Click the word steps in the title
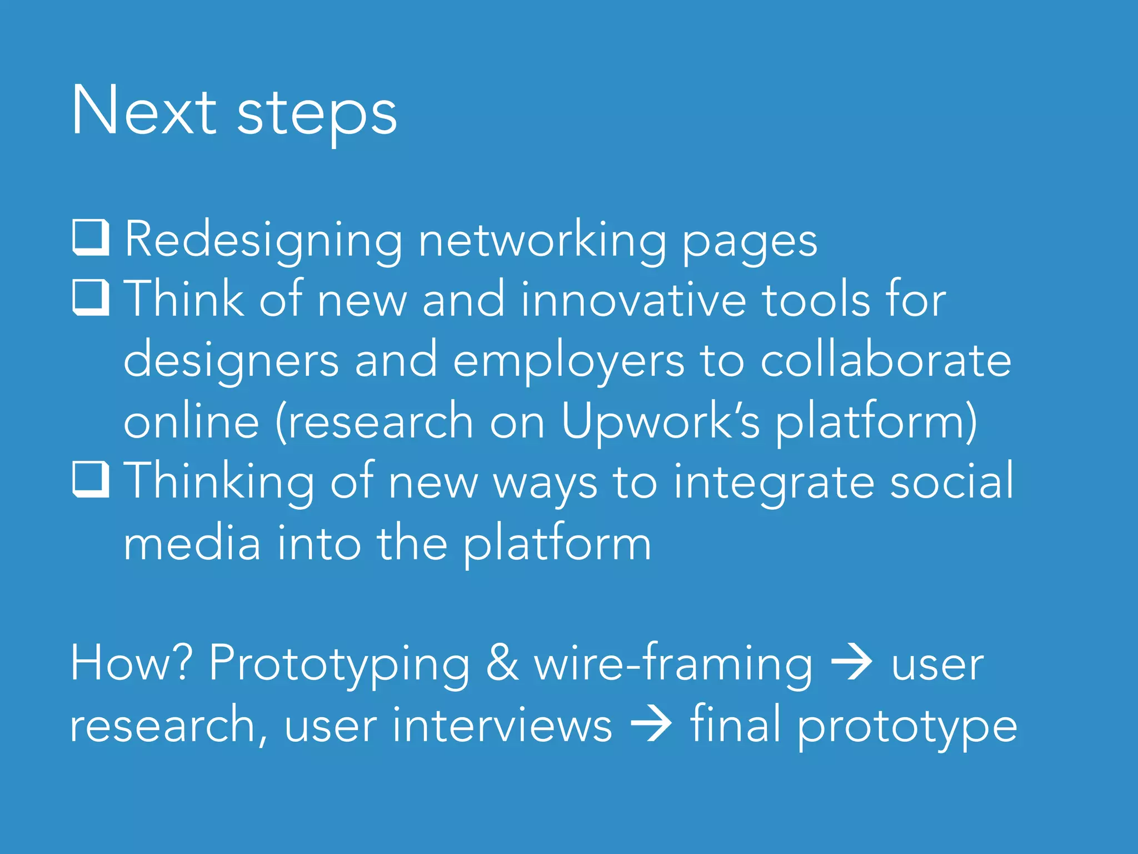pos(317,114)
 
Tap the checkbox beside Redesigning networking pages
pos(90,238)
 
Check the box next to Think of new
pos(90,297)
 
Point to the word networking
pos(542,240)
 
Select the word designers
pos(231,361)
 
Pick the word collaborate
pos(886,360)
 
